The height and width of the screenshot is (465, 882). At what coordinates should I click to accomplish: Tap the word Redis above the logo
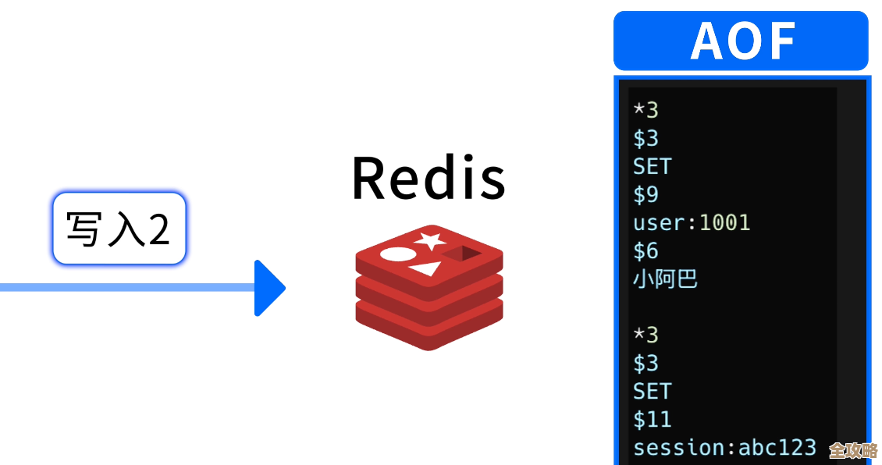[x=429, y=178]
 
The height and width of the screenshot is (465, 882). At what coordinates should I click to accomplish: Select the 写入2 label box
[x=119, y=229]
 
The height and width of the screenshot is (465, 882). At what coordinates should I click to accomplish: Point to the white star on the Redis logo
[x=430, y=240]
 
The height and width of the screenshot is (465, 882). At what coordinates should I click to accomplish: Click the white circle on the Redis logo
[x=396, y=254]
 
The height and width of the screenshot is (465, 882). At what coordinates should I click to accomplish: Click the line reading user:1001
[x=691, y=222]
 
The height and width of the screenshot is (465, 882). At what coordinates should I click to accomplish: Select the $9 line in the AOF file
[x=645, y=194]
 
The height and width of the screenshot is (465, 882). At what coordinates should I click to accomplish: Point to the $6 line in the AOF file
[x=645, y=250]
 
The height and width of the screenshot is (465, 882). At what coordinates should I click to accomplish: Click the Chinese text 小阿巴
[x=665, y=279]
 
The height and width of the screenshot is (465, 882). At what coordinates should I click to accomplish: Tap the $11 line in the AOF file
[x=652, y=419]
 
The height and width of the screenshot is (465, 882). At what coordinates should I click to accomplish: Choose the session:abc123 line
[x=724, y=447]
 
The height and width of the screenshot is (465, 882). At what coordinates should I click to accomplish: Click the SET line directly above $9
[x=652, y=166]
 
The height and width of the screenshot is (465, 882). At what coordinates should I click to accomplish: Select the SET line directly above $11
[x=652, y=391]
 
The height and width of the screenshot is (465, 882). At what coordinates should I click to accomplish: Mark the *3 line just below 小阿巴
[x=645, y=335]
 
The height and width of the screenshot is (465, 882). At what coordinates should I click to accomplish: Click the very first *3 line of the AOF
[x=645, y=110]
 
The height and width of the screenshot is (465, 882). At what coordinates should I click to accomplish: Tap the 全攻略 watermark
[x=852, y=450]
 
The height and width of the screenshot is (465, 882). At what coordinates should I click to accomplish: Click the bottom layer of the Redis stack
[x=429, y=328]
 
